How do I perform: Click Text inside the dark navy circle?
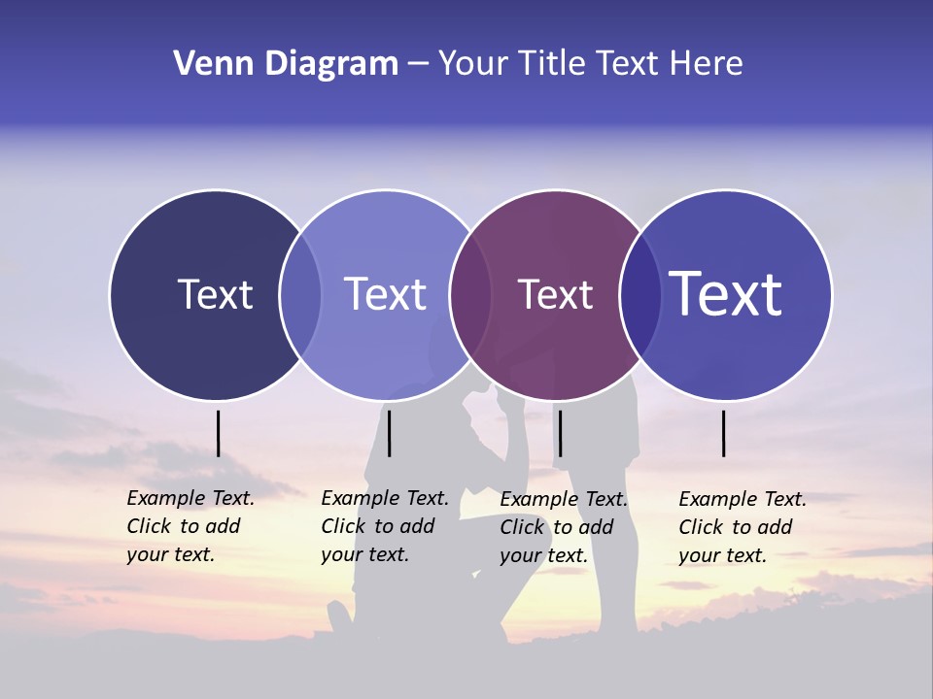(215, 294)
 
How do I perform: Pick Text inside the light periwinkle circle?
(385, 294)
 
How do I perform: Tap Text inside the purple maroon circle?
(555, 294)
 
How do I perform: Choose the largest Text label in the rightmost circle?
(725, 293)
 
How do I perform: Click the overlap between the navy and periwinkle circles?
(300, 294)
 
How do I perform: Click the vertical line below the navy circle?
(219, 433)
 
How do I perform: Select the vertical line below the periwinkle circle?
(389, 433)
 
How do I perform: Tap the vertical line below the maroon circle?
(560, 433)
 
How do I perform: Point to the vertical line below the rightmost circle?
(724, 433)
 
